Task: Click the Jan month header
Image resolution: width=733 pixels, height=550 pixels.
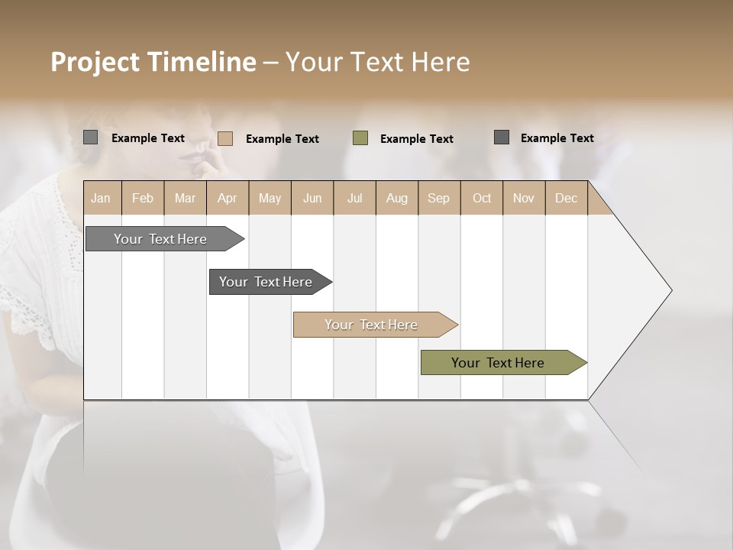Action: pos(101,198)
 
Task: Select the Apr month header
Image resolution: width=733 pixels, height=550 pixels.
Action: pos(227,198)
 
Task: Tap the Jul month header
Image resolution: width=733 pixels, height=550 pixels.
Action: pos(354,198)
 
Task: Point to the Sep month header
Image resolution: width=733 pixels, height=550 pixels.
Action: pos(438,198)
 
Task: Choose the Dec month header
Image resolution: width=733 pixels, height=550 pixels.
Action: pos(566,198)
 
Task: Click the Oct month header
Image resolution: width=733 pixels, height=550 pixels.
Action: pos(482,198)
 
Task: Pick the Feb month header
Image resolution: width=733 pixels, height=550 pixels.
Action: pos(143,198)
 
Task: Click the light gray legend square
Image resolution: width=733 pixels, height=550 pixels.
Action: pos(91,137)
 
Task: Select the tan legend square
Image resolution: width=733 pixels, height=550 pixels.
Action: pos(225,138)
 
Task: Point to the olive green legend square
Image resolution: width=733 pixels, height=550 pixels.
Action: pos(360,138)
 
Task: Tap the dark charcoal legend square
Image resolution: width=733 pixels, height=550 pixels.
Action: pos(502,137)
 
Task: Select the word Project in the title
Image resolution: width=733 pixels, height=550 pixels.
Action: pos(95,61)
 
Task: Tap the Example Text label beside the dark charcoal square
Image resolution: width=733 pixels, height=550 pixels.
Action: pos(557,137)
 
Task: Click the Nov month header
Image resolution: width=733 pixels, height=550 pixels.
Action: pos(524,198)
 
